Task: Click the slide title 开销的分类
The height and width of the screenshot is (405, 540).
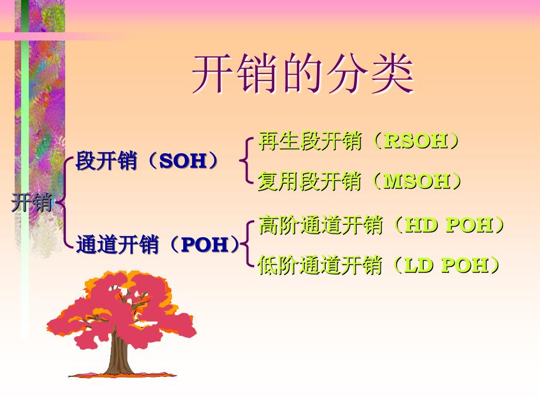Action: tap(303, 74)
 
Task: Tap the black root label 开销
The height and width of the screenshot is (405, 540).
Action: tap(32, 202)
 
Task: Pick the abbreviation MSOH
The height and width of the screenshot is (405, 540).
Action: tap(417, 181)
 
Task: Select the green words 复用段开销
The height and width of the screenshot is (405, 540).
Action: tap(310, 181)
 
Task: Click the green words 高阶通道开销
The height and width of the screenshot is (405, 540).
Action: tap(320, 225)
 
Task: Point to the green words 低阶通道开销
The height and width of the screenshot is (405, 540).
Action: tap(320, 265)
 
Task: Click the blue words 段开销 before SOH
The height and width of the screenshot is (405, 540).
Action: tap(106, 161)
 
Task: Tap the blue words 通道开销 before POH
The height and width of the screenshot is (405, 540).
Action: tap(117, 245)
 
